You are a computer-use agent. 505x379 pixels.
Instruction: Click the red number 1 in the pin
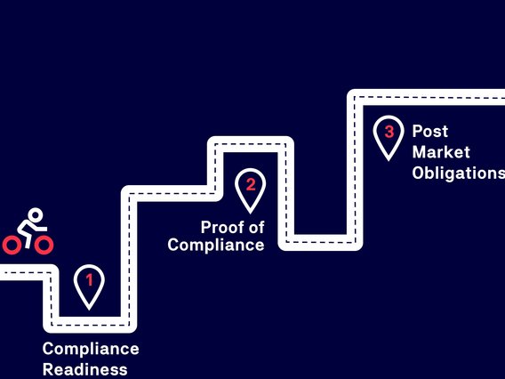[90, 279]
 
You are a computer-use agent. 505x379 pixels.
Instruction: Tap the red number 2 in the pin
[251, 185]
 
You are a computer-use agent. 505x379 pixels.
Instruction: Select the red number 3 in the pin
[389, 132]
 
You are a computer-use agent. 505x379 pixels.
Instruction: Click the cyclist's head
[35, 215]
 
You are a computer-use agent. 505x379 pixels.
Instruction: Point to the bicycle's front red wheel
[44, 245]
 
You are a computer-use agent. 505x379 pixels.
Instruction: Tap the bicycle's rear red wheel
[12, 245]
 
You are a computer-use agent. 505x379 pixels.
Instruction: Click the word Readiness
[85, 369]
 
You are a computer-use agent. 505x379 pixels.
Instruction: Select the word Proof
[221, 227]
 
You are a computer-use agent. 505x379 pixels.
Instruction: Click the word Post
[430, 131]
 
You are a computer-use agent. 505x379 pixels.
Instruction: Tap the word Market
[441, 152]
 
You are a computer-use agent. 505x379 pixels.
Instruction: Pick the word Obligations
[459, 173]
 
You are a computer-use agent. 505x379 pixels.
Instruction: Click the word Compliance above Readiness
[91, 349]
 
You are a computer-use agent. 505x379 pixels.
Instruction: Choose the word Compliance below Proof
[216, 245]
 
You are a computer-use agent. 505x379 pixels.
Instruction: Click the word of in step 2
[256, 227]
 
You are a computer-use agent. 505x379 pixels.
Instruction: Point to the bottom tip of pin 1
[89, 310]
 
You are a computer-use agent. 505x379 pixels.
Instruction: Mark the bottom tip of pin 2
[250, 214]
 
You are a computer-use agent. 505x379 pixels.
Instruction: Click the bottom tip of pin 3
[389, 161]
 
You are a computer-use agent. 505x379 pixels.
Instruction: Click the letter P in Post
[417, 131]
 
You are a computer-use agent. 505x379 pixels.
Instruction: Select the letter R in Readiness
[48, 369]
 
